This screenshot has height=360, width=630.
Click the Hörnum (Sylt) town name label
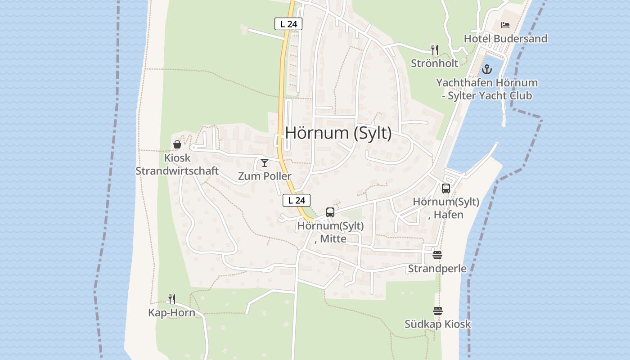338,133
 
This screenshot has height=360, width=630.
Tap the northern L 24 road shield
288,24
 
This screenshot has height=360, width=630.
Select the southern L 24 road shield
297,200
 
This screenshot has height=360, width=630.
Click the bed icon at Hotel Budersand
505,25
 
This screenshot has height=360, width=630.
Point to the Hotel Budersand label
505,39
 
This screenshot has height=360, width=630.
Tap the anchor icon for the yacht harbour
486,69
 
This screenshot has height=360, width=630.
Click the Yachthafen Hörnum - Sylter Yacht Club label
486,89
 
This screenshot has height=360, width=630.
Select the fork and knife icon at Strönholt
435,49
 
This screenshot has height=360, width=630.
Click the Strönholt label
434,63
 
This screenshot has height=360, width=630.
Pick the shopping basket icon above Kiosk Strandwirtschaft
177,144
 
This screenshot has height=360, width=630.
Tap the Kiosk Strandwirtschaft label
177,164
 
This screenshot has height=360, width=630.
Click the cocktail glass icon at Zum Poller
265,163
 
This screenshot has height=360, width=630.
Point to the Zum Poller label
265,176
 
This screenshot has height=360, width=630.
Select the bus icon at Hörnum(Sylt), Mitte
330,212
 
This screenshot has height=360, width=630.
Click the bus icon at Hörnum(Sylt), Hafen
446,189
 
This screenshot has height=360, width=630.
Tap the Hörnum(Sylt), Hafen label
446,208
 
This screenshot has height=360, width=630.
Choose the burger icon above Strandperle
437,255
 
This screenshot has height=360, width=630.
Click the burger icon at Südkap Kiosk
438,311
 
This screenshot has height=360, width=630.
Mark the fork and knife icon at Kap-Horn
172,299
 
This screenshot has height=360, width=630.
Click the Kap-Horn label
172,313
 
